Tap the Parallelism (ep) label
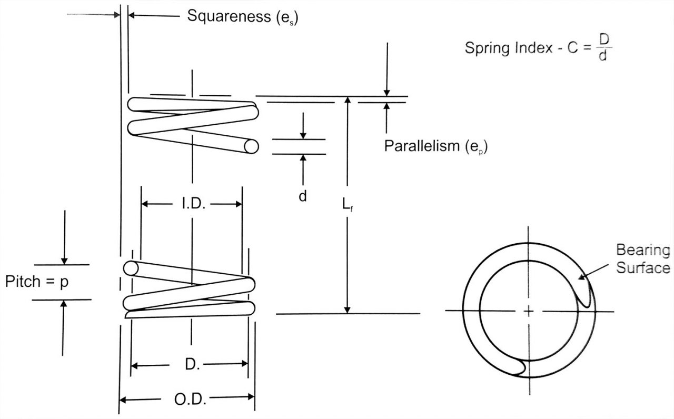tap(435, 146)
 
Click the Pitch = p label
tap(37, 282)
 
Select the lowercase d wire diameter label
tap(303, 196)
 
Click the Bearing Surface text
tap(642, 258)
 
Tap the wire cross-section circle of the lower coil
tap(130, 268)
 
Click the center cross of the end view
tap(529, 311)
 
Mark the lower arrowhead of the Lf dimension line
tap(347, 310)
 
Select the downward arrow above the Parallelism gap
tap(387, 92)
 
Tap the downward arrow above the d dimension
tap(303, 134)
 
